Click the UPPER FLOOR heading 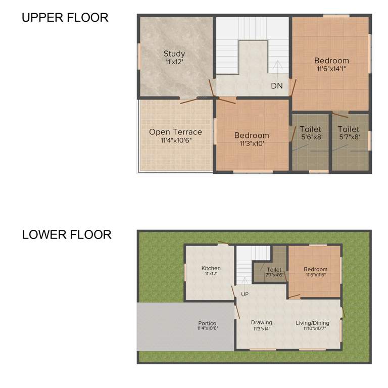coord(65,18)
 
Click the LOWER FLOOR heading coord(66,235)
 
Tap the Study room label coord(174,54)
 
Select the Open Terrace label coord(175,132)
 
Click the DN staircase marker coord(277,86)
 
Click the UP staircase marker coord(245,294)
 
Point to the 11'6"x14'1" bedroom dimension coord(331,69)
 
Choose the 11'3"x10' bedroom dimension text coord(251,143)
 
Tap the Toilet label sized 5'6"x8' coord(310,129)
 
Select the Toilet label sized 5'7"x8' coord(349,129)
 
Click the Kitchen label coord(211,268)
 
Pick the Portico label coord(207,323)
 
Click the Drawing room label coord(261,322)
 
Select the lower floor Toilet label coord(274,270)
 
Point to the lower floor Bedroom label coord(315,269)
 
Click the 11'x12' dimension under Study coord(174,62)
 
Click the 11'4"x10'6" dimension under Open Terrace coord(175,140)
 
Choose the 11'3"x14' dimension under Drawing coord(261,328)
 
